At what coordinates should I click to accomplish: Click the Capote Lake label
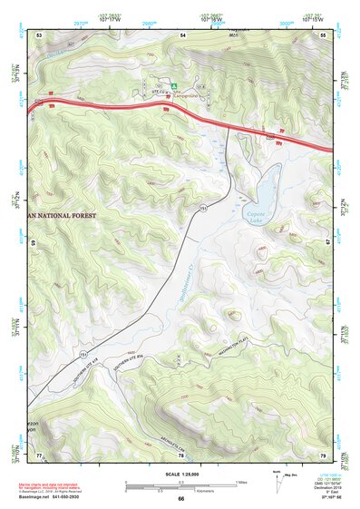258,215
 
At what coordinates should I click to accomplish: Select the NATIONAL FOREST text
72,216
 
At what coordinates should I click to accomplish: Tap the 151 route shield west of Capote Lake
204,209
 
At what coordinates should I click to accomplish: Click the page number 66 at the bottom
180,500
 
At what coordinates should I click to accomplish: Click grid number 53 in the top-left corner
40,34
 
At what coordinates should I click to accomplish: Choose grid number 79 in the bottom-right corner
323,454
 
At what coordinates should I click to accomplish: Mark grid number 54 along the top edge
182,34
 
